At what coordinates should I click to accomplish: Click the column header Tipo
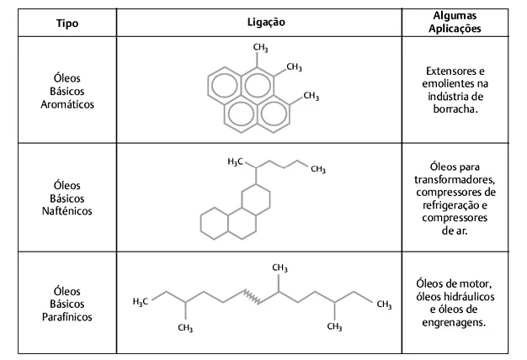click(x=67, y=24)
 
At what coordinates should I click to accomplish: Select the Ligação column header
click(x=266, y=22)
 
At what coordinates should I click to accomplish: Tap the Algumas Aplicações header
click(x=455, y=22)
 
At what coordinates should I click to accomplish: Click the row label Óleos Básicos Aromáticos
click(x=67, y=91)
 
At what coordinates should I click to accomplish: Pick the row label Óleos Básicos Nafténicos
click(x=67, y=199)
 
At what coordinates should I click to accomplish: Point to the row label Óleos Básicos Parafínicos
click(x=67, y=304)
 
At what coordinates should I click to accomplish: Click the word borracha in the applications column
click(x=454, y=109)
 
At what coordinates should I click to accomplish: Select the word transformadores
click(x=455, y=180)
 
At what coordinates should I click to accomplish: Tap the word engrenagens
click(x=454, y=323)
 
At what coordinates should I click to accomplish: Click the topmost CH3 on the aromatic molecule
click(x=260, y=48)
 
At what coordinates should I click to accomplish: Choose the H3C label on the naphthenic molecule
click(x=235, y=161)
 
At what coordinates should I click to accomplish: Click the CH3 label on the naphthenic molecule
click(x=318, y=169)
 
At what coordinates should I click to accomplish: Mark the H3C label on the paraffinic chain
click(x=140, y=302)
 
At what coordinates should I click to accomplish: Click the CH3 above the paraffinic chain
click(x=279, y=267)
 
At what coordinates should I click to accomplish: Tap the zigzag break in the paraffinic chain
click(x=252, y=297)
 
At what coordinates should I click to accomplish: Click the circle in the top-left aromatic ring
click(x=224, y=85)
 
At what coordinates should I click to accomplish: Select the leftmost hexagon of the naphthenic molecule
click(x=215, y=224)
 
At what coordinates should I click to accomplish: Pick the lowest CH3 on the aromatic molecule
click(x=311, y=97)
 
